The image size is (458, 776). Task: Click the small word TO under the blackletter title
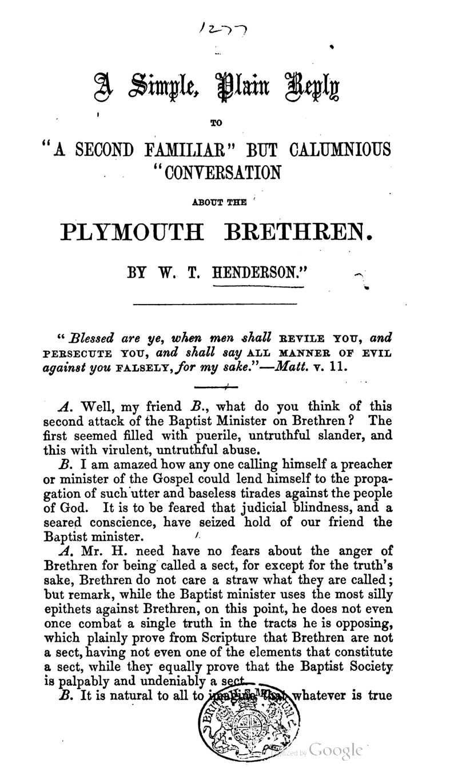[x=220, y=121]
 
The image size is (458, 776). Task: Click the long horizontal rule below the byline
[x=215, y=304]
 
